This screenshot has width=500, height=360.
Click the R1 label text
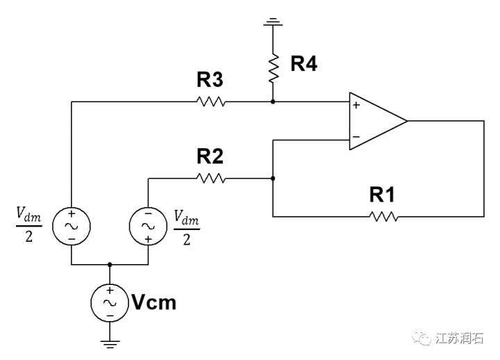pos(383,195)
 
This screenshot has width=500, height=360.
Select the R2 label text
pos(210,156)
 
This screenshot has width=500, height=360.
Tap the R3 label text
pos(210,80)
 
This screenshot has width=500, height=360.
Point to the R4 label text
pos(303,65)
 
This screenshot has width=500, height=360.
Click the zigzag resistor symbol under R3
pos(210,101)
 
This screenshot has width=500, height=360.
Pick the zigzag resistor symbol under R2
pos(210,179)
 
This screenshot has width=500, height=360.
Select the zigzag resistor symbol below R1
pos(383,217)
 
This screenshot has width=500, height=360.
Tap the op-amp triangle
pos(376,121)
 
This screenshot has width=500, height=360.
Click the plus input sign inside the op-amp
pos(356,106)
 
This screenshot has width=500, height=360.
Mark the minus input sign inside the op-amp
pos(356,137)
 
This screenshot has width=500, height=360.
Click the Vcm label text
pos(154,303)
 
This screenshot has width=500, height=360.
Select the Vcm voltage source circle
pos(110,303)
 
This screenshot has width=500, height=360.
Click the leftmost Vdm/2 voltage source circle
pos(71,227)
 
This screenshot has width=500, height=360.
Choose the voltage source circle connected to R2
pos(148,227)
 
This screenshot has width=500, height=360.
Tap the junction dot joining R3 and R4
pos(273,101)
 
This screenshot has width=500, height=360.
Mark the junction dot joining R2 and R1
pos(273,179)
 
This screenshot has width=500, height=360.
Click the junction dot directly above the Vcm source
pos(110,265)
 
